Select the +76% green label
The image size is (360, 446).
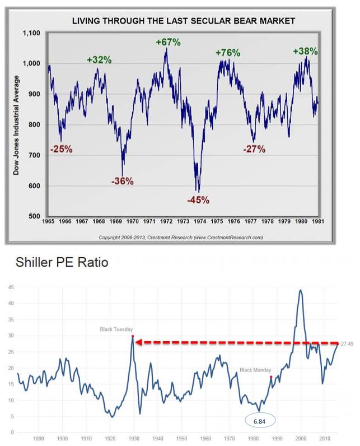coord(228,53)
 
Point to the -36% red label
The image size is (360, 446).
coord(123,181)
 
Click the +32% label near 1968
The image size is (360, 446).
coord(99,59)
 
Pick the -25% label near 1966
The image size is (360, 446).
coord(61,149)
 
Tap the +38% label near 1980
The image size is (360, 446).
coord(305,51)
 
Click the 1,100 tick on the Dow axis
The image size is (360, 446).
coord(31,33)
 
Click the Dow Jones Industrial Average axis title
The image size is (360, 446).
coord(16,124)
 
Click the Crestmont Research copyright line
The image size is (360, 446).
coord(181,238)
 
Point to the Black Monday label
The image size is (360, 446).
coord(255,370)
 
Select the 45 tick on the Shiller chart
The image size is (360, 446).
coord(10,287)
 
